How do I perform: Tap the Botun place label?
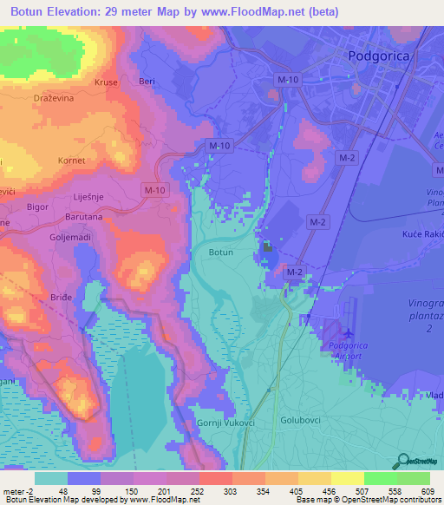[x=221, y=252]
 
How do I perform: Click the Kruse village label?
[x=105, y=83]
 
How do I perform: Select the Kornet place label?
[x=70, y=161]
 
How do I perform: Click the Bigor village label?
[x=37, y=208]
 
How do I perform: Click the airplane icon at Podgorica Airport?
[x=349, y=332]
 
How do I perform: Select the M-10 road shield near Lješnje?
[x=154, y=190]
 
